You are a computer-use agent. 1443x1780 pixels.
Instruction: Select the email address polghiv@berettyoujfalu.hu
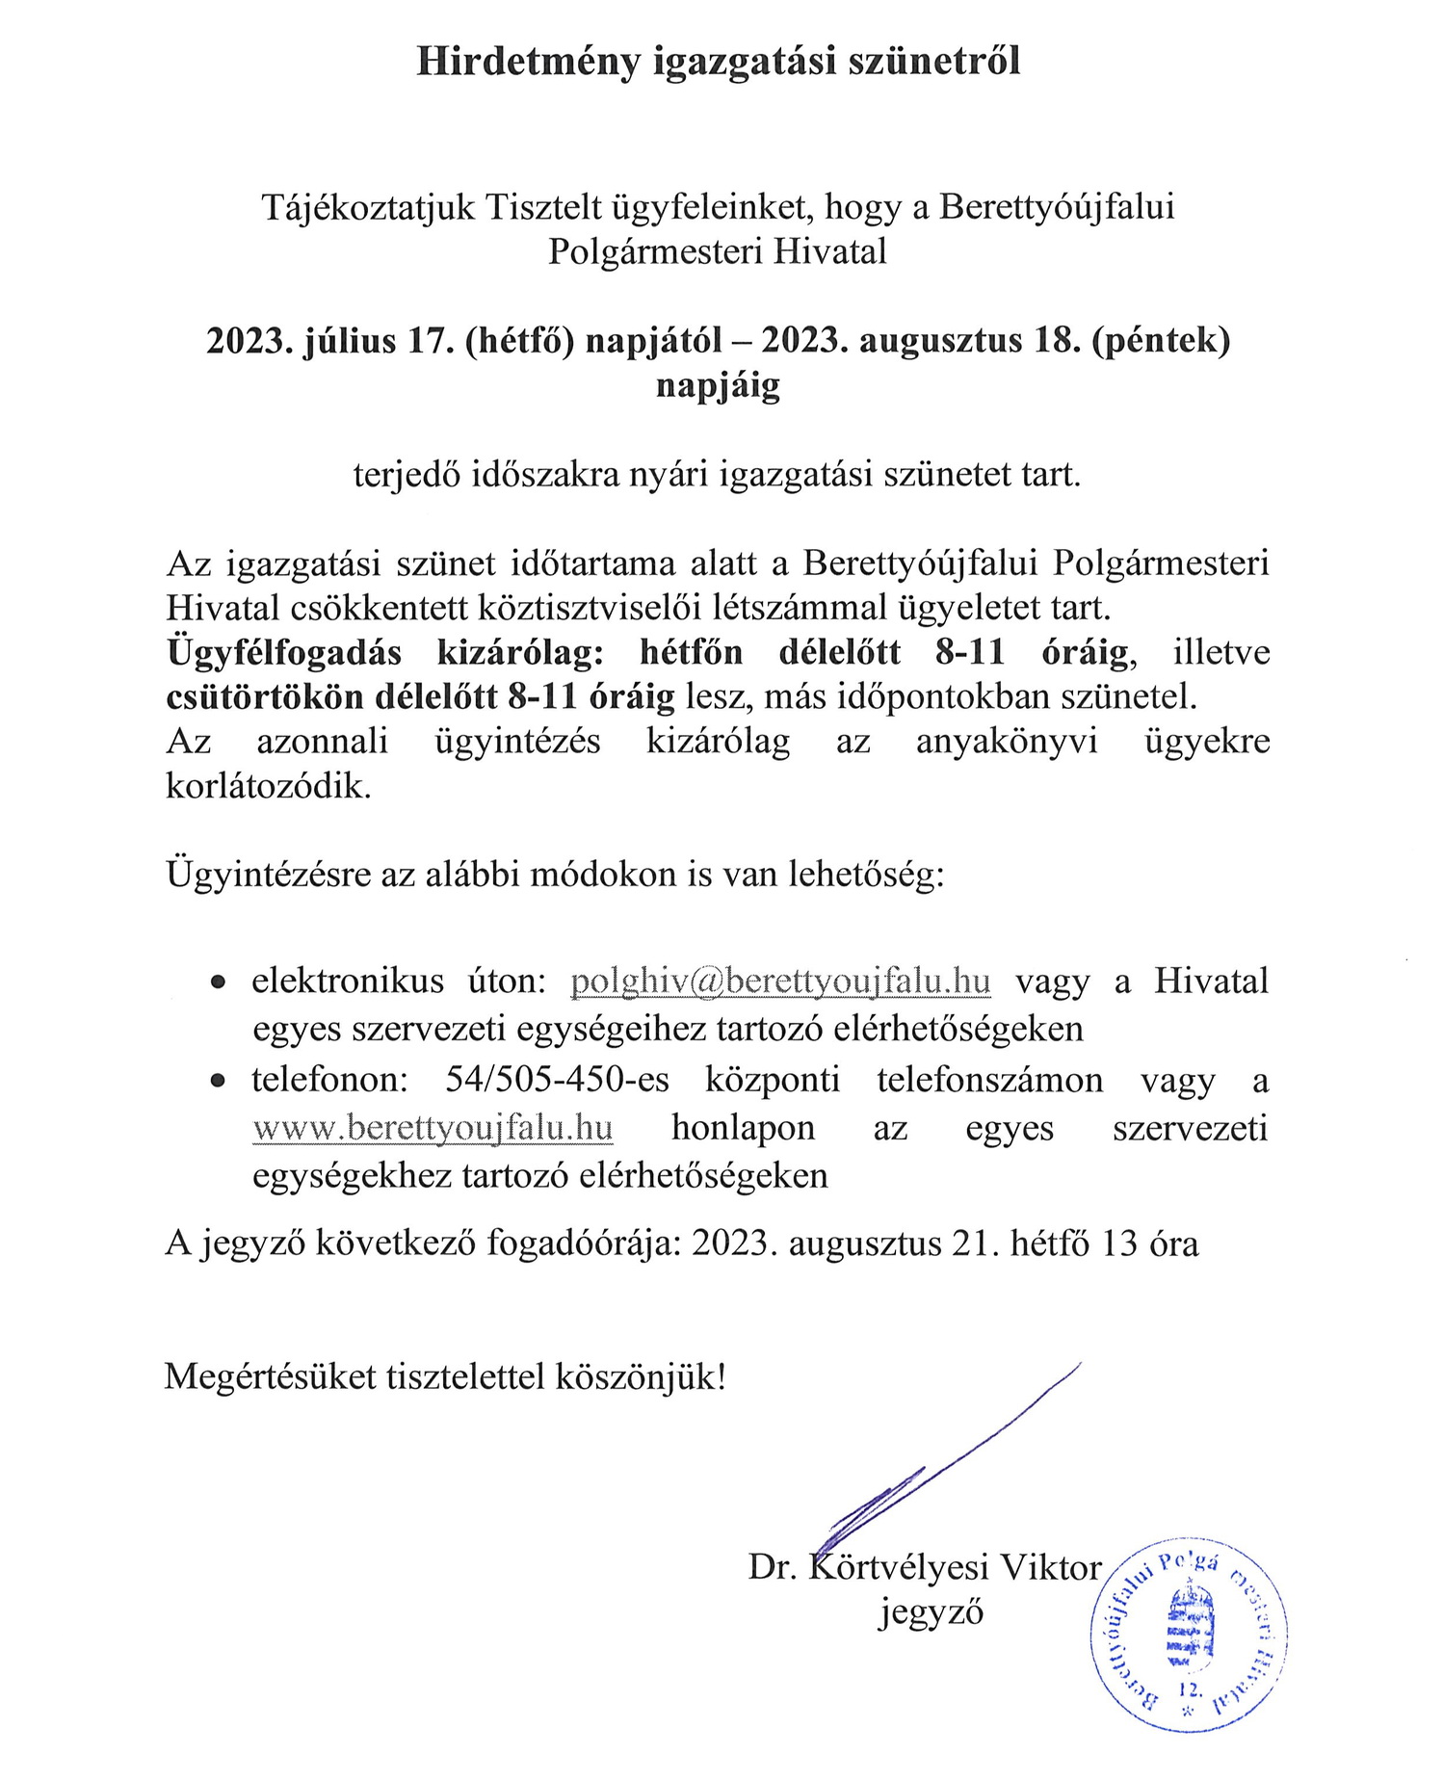(780, 981)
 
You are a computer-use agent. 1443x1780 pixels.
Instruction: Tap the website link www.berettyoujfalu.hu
(433, 1127)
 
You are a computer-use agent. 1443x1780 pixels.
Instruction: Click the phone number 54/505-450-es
(557, 1079)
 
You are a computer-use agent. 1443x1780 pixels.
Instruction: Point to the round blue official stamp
(1190, 1636)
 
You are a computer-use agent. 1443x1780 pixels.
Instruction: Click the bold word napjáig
(718, 385)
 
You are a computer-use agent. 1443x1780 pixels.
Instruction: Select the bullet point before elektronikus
(220, 982)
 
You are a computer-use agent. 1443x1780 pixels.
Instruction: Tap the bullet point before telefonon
(220, 1081)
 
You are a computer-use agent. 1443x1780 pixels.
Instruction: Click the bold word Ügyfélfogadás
(284, 653)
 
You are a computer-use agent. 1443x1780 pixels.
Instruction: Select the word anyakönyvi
(1007, 741)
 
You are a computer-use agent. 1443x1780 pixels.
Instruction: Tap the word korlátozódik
(269, 786)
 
